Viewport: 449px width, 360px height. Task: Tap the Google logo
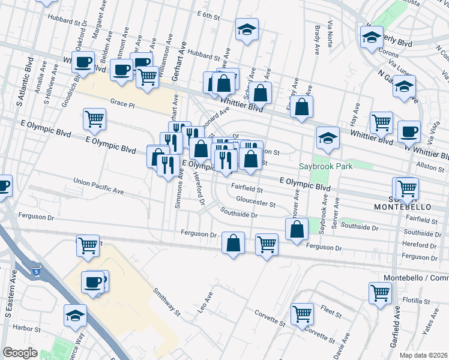click(20, 353)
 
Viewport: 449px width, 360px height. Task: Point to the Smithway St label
click(166, 301)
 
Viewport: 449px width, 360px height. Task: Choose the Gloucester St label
click(255, 202)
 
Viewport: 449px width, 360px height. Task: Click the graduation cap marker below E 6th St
click(246, 30)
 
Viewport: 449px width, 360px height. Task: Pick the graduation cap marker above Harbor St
click(76, 315)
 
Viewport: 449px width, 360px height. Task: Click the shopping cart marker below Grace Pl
click(94, 118)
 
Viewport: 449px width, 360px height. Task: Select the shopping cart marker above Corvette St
click(302, 312)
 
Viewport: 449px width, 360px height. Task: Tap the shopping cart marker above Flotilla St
click(380, 292)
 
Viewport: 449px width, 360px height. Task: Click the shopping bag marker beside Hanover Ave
click(297, 229)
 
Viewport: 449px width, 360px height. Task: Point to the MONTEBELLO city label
click(402, 206)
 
